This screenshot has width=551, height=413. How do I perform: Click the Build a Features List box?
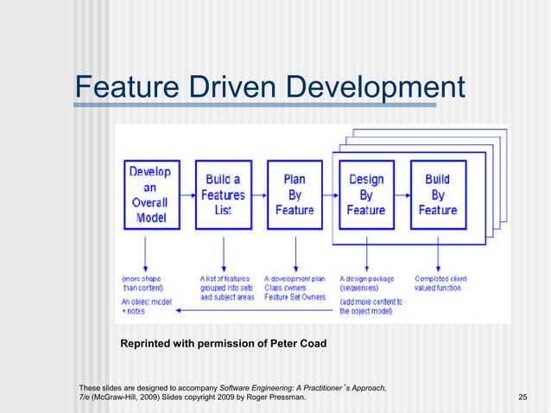[223, 194]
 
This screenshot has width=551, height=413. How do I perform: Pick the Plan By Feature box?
[295, 194]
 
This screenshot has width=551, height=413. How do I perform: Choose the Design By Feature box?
[367, 194]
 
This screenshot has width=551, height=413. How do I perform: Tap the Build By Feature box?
[437, 194]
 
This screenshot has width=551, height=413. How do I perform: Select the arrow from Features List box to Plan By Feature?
[259, 194]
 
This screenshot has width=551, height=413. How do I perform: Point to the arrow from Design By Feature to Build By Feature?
[402, 194]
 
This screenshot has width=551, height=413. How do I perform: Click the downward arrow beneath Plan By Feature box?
[295, 251]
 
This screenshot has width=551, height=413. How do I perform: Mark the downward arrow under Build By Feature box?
[437, 251]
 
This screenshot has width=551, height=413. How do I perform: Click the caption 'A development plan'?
[294, 279]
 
